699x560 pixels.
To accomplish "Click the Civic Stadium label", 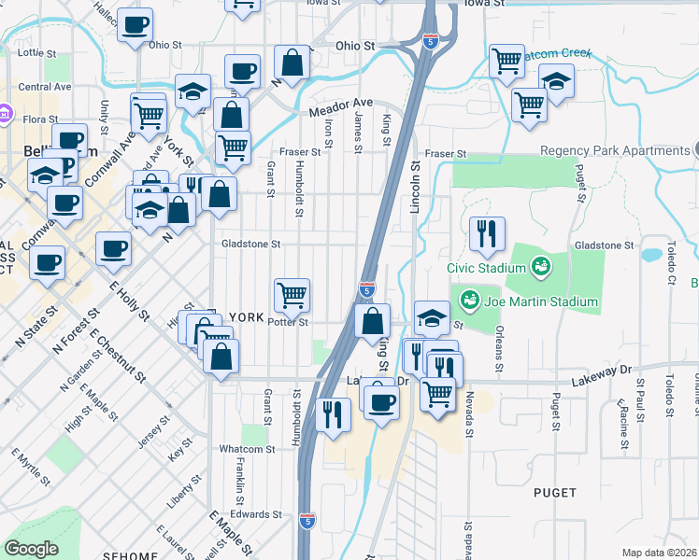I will pyautogui.click(x=487, y=267).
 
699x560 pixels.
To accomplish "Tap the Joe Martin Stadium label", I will pyautogui.click(x=539, y=301).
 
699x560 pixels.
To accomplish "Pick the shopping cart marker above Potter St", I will pyautogui.click(x=292, y=296).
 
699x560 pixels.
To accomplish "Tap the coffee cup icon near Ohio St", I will pyautogui.click(x=136, y=25).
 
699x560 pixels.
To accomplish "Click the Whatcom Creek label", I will pyautogui.click(x=557, y=54).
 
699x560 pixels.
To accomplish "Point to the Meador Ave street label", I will pyautogui.click(x=341, y=105).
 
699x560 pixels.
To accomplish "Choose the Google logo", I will pyautogui.click(x=31, y=549).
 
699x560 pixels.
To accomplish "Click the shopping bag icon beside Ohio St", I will pyautogui.click(x=292, y=63).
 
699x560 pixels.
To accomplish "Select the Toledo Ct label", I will pyautogui.click(x=670, y=264).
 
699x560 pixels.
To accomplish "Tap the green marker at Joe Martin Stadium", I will pyautogui.click(x=469, y=301).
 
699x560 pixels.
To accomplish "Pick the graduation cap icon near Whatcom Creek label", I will pyautogui.click(x=556, y=81).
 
